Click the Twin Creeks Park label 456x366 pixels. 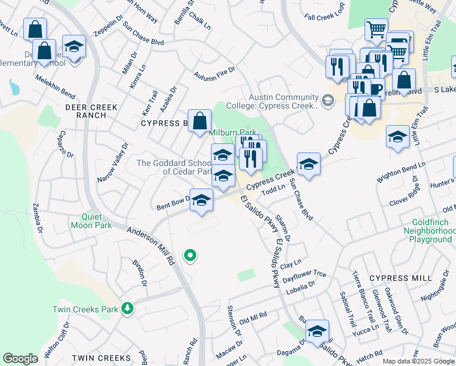[x=85, y=309]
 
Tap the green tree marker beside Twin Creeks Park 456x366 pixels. [x=127, y=309]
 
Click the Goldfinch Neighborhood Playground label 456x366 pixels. [x=430, y=231]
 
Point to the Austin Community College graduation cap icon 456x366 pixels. [x=328, y=100]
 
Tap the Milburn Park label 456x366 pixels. [x=232, y=132]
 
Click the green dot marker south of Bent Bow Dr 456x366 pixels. [x=190, y=256]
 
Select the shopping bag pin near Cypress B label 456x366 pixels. [x=199, y=121]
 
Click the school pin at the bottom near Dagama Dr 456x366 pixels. [x=317, y=331]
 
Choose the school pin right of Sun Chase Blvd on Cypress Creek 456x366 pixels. [x=308, y=164]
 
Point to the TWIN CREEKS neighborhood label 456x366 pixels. [x=101, y=357]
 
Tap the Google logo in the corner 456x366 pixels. [x=20, y=359]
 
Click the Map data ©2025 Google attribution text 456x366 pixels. [x=418, y=362]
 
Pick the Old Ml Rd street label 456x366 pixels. [x=253, y=318]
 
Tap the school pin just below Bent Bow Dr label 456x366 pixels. [x=201, y=201]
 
